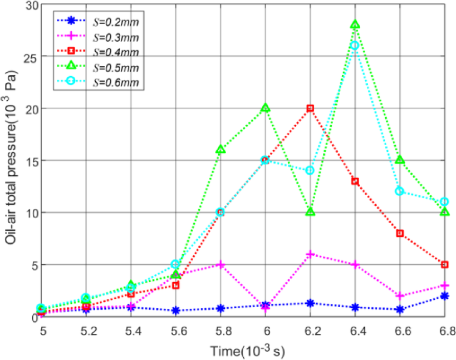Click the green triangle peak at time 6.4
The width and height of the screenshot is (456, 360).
(355, 24)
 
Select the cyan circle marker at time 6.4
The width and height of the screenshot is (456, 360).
(355, 45)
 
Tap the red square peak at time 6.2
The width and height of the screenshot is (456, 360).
(310, 108)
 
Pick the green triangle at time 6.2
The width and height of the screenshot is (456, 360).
(310, 211)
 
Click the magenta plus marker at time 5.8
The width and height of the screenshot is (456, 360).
(220, 264)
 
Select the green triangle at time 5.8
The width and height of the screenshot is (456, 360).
(220, 149)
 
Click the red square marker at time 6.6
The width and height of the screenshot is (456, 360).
(400, 233)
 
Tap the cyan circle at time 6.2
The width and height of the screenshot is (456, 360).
(310, 170)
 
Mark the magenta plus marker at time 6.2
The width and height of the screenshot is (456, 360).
(310, 254)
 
